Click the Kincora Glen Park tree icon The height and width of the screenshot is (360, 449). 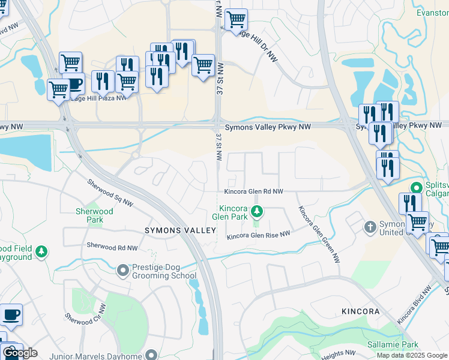click(257, 211)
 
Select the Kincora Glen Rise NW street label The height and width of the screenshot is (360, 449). click(258, 236)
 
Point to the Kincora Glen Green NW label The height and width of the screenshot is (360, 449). click(319, 234)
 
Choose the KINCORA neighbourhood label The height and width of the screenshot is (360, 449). click(360, 311)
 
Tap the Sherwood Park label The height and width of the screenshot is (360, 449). click(94, 215)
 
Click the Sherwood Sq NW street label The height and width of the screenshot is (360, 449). click(110, 193)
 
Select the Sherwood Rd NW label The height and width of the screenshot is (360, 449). click(112, 247)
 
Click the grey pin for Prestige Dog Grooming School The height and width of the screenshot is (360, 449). click(124, 271)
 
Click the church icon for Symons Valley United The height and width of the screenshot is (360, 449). click(370, 227)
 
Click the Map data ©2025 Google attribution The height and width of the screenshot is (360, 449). click(411, 355)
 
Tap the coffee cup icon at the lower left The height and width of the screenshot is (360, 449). click(11, 314)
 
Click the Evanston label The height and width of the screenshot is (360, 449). click(432, 12)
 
